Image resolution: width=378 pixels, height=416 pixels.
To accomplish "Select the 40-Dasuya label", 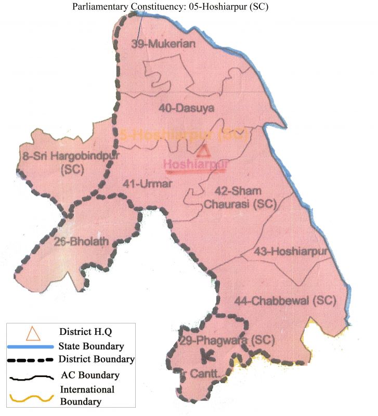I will (187, 108).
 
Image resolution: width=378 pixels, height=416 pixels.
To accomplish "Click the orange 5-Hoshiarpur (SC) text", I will (184, 134).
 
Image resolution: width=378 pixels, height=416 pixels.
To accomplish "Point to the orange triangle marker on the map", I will (204, 151).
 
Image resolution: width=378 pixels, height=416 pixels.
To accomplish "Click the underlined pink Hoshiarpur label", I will (196, 165).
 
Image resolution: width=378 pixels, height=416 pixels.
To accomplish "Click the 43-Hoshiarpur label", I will (293, 252).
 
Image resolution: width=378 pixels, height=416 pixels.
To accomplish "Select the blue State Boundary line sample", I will (30, 346).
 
